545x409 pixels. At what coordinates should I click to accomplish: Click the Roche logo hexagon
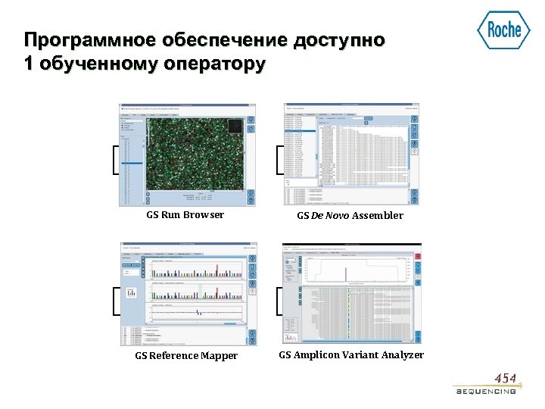tap(504, 30)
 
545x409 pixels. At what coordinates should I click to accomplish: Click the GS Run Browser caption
tap(185, 215)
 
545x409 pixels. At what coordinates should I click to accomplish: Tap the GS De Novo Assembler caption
tap(350, 216)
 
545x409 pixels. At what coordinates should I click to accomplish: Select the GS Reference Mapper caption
tap(186, 356)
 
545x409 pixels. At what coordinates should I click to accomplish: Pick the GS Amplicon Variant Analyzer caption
tap(351, 355)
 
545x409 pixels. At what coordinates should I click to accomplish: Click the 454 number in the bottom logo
tap(506, 378)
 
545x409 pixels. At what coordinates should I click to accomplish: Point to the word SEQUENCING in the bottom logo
tap(486, 392)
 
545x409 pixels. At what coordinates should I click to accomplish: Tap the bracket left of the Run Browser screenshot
tap(114, 159)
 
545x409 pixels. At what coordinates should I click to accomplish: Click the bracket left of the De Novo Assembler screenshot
tap(279, 159)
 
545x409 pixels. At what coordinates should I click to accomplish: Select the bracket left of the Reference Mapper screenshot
tap(114, 300)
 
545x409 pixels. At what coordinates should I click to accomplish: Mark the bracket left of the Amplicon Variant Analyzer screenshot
tap(279, 300)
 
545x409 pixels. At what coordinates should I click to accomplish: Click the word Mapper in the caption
tap(220, 356)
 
